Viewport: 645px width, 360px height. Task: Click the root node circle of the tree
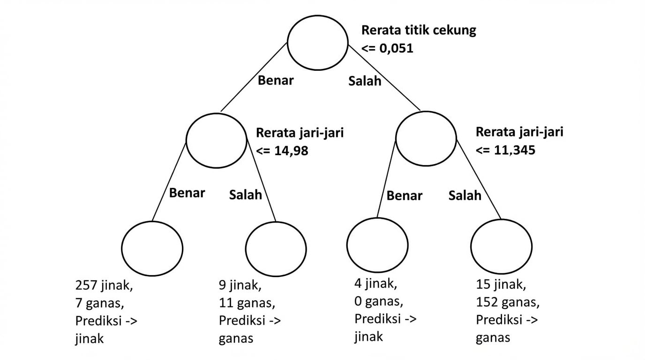coord(318,43)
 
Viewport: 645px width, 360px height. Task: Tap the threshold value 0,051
coord(397,48)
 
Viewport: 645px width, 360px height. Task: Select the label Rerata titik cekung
coord(419,31)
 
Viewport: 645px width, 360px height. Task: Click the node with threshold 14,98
coord(216,140)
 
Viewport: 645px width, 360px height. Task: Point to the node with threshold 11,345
coord(426,140)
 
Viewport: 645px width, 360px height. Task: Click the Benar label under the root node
coord(276,80)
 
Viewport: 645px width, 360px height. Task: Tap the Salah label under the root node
coord(365,81)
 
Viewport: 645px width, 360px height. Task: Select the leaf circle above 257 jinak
coord(152,248)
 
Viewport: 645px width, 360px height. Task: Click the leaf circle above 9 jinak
coord(276,248)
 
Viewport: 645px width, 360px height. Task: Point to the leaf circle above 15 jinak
coord(502,247)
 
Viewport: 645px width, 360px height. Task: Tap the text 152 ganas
coord(507,303)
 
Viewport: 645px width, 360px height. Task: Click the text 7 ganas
coord(99,303)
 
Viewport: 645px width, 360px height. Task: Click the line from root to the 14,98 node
coord(254,77)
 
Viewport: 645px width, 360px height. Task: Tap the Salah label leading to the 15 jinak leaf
coord(465,195)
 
